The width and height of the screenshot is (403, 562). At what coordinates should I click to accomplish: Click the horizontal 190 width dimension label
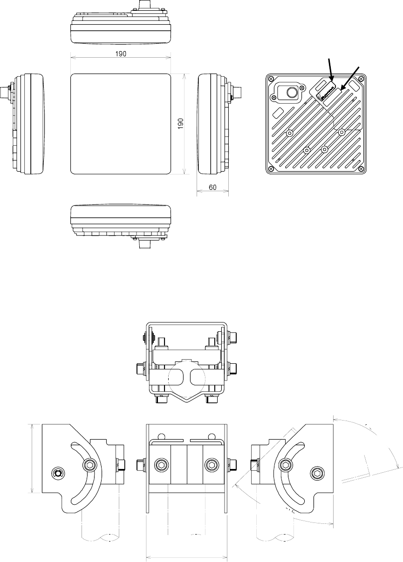120,54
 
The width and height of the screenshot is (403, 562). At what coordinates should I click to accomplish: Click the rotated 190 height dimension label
181,124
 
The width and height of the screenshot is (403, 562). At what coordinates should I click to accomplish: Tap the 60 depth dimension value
212,188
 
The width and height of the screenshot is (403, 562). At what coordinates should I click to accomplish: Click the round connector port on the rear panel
292,93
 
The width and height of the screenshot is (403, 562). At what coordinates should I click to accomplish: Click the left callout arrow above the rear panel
331,70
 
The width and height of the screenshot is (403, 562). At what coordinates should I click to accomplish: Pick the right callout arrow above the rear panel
350,77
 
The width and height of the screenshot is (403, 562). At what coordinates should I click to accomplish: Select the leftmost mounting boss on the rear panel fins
290,133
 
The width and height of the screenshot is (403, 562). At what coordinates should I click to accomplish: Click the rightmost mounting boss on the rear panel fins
342,133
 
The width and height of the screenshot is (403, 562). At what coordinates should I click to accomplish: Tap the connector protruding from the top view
145,7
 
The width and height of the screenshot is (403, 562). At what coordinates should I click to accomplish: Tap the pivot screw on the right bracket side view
317,473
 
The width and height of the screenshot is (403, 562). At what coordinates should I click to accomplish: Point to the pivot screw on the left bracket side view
57,473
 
